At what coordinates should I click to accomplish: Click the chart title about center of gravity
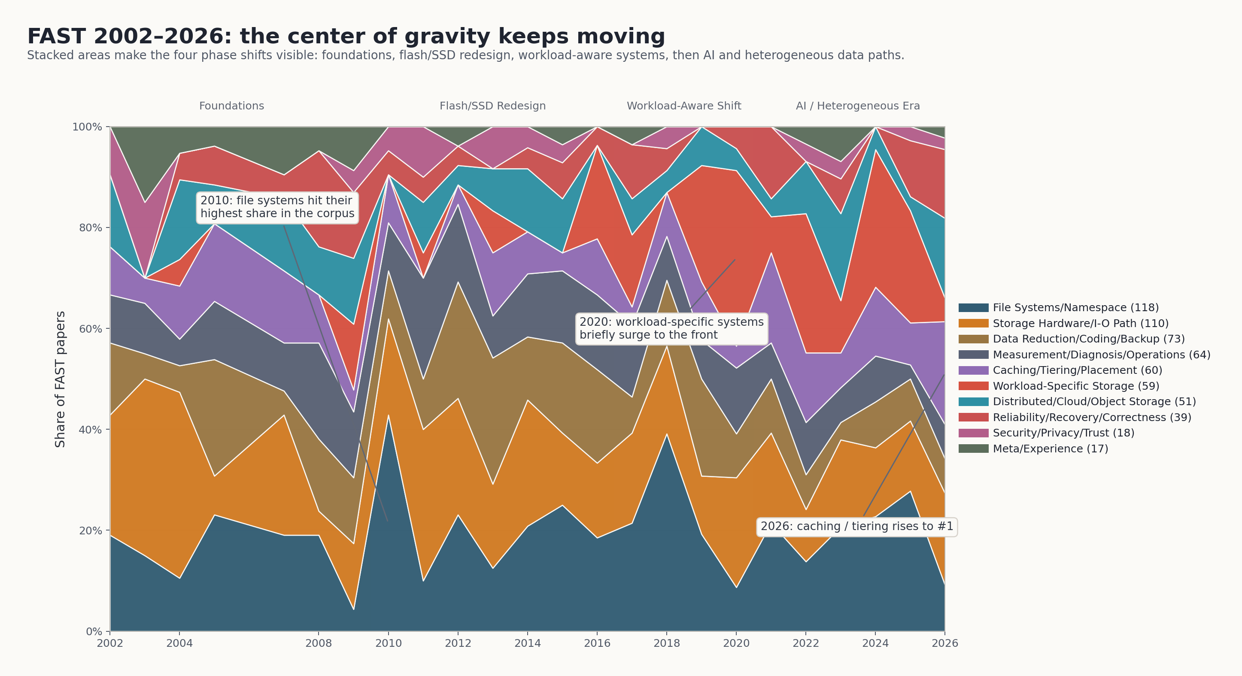(x=346, y=36)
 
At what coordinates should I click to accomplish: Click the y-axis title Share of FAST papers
(x=60, y=379)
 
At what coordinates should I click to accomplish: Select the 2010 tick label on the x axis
(x=388, y=643)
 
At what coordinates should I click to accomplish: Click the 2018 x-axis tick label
(x=666, y=643)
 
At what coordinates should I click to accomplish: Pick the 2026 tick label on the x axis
(x=944, y=643)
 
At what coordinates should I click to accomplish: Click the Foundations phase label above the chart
(x=231, y=106)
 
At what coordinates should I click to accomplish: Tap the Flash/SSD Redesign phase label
(x=492, y=106)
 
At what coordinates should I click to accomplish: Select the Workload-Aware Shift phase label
(x=683, y=106)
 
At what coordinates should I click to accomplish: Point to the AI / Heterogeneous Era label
(x=858, y=106)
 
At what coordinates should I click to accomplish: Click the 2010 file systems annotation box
(x=277, y=207)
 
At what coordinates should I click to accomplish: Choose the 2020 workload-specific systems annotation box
(x=671, y=328)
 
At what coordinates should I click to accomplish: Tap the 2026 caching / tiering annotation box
(x=857, y=527)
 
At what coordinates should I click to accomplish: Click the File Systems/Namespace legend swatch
(x=973, y=308)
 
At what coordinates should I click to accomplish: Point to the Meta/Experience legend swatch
(x=973, y=449)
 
